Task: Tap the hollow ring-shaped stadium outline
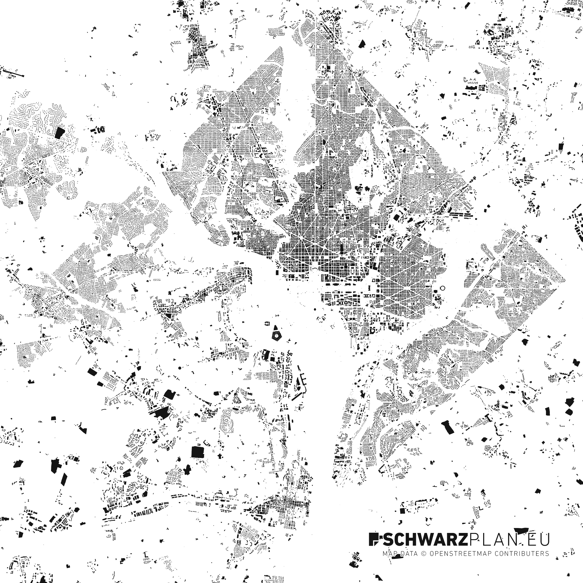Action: [x=443, y=288]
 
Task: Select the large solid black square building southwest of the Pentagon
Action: [x=198, y=452]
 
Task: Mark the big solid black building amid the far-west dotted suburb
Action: [x=60, y=133]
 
